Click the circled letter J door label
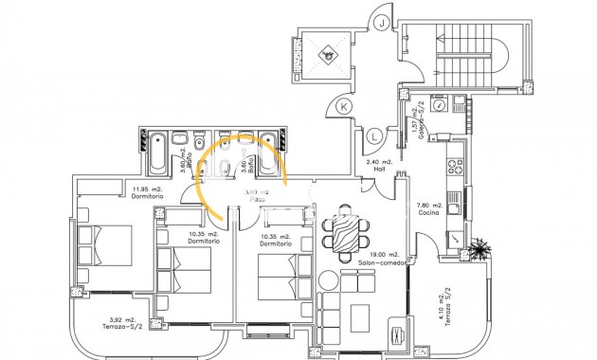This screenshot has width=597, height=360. pyautogui.click(x=381, y=23)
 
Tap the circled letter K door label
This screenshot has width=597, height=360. pyautogui.click(x=343, y=104)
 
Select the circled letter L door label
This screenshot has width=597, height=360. pyautogui.click(x=375, y=136)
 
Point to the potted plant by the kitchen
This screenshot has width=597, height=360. pyautogui.click(x=483, y=248)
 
